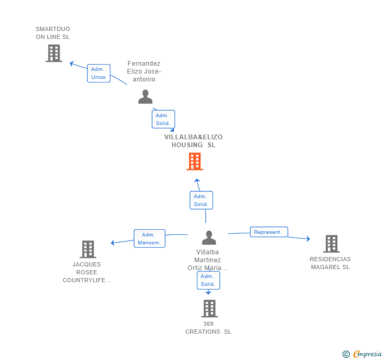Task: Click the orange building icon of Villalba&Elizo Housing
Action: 195,161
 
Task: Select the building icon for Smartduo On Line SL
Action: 54,53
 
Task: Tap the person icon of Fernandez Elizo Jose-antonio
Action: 145,97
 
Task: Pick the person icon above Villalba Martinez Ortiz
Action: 209,238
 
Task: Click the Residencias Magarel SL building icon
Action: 331,243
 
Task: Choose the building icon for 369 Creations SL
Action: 209,308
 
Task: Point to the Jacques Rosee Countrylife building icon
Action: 88,249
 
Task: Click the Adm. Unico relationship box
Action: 99,73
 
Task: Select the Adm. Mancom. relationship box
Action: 149,239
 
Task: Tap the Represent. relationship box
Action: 269,232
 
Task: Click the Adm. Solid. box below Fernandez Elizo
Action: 163,119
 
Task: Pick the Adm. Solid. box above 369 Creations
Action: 208,280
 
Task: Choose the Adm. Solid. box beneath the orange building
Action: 201,200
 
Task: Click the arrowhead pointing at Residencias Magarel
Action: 308,239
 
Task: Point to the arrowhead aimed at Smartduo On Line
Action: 72,64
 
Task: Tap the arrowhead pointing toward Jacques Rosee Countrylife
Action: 113,243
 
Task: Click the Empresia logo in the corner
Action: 362,354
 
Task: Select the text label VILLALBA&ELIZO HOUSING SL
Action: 194,141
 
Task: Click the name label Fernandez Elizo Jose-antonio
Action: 144,71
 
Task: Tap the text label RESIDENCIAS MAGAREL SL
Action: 330,263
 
